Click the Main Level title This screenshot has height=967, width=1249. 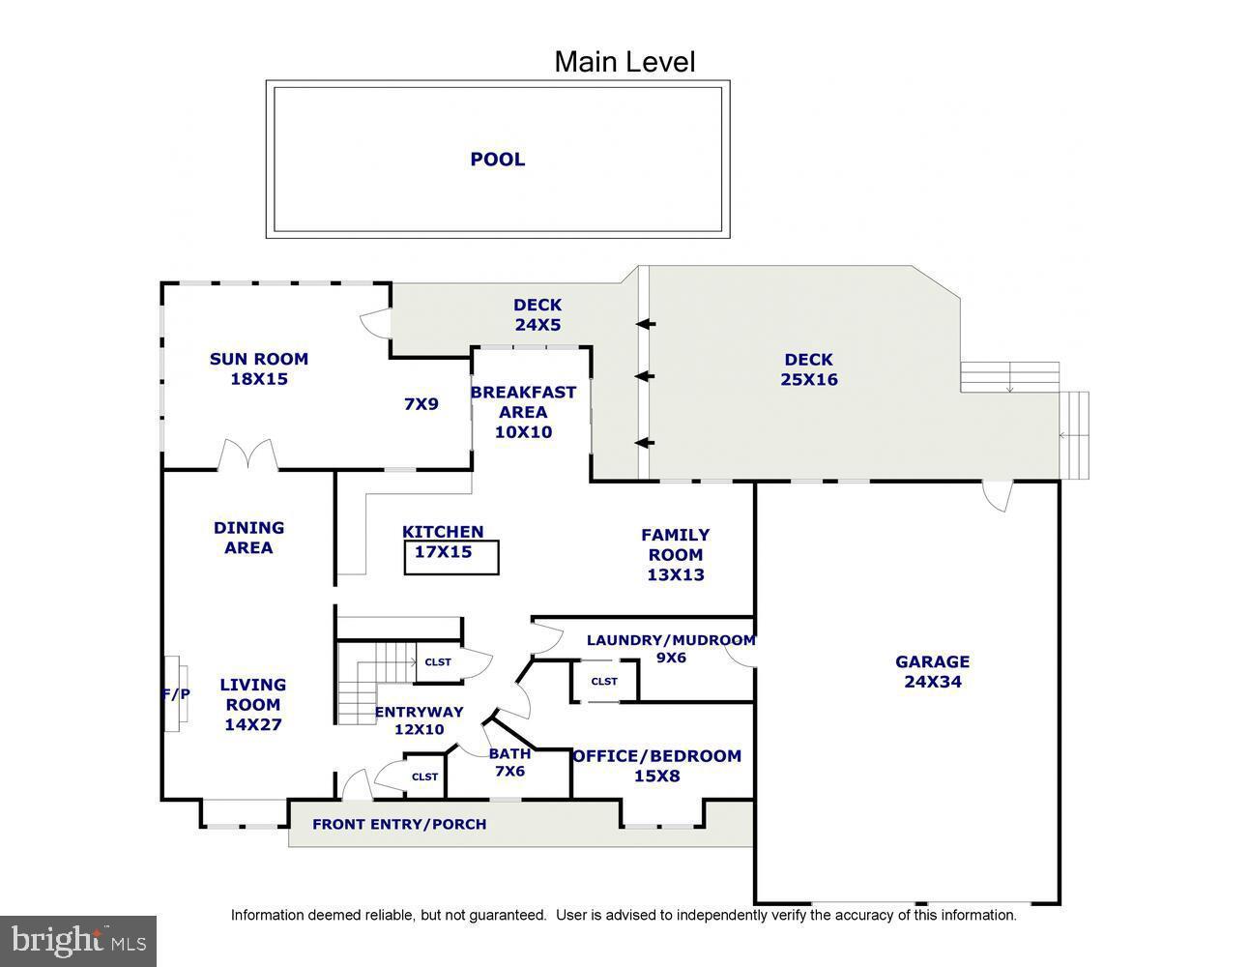point(624,62)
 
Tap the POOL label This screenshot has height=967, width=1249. point(498,160)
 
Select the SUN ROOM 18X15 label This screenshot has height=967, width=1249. point(259,368)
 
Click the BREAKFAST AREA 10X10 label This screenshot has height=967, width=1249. point(523,412)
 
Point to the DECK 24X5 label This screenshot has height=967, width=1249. point(537,315)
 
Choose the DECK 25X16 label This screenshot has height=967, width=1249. point(809,369)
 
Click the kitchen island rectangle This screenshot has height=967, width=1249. point(451,558)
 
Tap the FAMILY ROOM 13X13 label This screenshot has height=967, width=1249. point(676,554)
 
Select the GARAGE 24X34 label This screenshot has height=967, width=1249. point(932,671)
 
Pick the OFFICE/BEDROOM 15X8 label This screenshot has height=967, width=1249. point(657,766)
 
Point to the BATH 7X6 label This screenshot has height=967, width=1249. point(509,762)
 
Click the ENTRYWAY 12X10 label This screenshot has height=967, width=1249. point(419,720)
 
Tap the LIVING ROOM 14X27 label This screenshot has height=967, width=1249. point(252,704)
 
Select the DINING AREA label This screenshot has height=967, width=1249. point(249,538)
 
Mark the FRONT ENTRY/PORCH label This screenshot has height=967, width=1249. point(399,825)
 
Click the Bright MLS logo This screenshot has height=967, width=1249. point(78,941)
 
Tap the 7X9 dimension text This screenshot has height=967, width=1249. point(421,403)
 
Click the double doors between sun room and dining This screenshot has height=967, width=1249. point(249,455)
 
